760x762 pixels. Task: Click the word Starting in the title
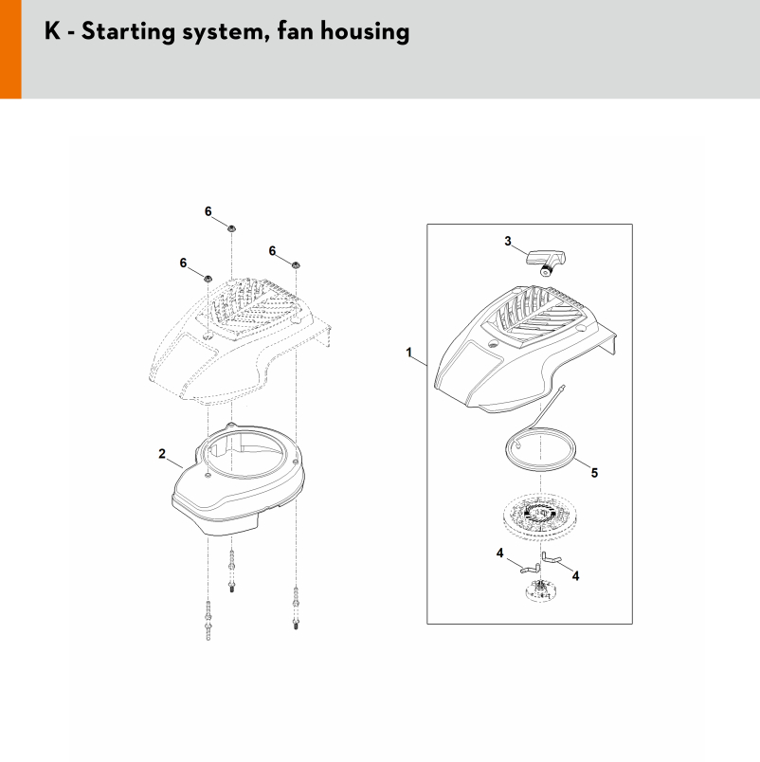tap(128, 32)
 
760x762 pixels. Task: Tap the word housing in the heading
tap(365, 32)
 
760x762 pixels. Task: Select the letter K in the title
tap(52, 31)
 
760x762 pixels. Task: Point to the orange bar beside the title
tap(10, 49)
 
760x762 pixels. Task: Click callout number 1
tap(409, 352)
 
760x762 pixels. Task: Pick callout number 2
tap(162, 454)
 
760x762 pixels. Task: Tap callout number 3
tap(508, 241)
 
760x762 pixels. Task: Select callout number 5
tap(594, 472)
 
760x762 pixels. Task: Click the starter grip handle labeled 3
tap(547, 263)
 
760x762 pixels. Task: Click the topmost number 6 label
tap(208, 211)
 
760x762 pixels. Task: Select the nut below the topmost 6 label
tap(232, 227)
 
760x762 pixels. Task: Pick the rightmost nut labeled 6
tap(296, 264)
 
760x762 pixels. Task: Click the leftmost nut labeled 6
tap(208, 278)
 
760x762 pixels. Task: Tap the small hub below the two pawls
tap(539, 590)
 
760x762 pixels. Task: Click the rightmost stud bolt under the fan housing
tap(296, 608)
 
